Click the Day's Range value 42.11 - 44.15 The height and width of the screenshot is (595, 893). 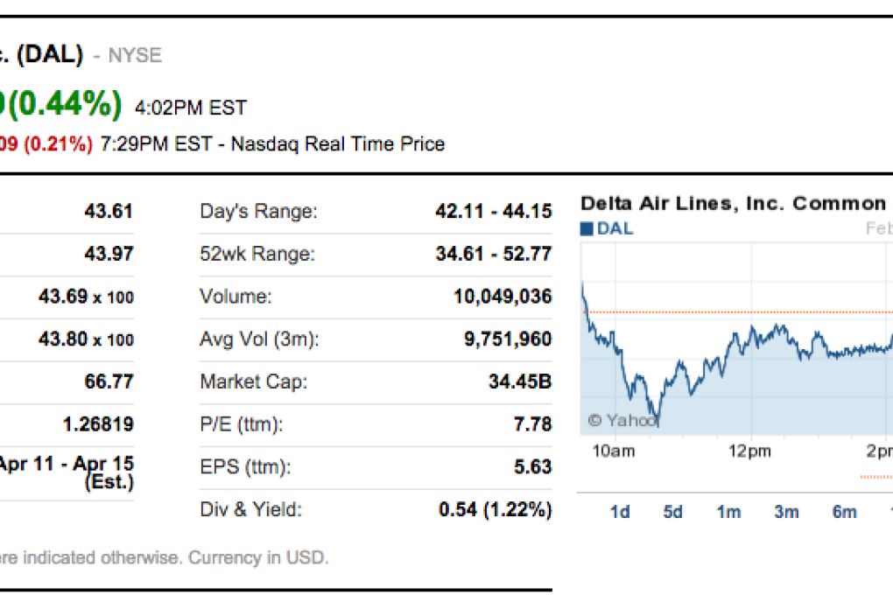pyautogui.click(x=493, y=211)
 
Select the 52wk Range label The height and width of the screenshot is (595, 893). pyautogui.click(x=257, y=254)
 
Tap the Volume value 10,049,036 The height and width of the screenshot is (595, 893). pyautogui.click(x=502, y=297)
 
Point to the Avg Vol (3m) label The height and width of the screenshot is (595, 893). pyautogui.click(x=259, y=339)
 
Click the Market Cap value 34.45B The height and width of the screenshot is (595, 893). pyautogui.click(x=519, y=382)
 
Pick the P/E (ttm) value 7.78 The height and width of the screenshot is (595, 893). pyautogui.click(x=532, y=424)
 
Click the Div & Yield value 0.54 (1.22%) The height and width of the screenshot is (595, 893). pyautogui.click(x=495, y=509)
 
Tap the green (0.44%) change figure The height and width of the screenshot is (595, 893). pyautogui.click(x=65, y=105)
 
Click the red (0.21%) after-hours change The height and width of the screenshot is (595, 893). pyautogui.click(x=58, y=144)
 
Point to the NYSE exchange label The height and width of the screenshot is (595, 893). pyautogui.click(x=135, y=56)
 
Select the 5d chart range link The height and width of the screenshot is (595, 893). pyautogui.click(x=672, y=512)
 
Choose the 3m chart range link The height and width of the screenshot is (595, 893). pyautogui.click(x=786, y=512)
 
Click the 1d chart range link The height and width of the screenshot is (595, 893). pyautogui.click(x=619, y=512)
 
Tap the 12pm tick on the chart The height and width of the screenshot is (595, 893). pyautogui.click(x=750, y=451)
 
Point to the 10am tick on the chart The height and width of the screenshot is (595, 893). pyautogui.click(x=613, y=451)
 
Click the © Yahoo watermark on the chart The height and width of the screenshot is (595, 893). pyautogui.click(x=620, y=421)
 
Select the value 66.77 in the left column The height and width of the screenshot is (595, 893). pyautogui.click(x=109, y=382)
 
